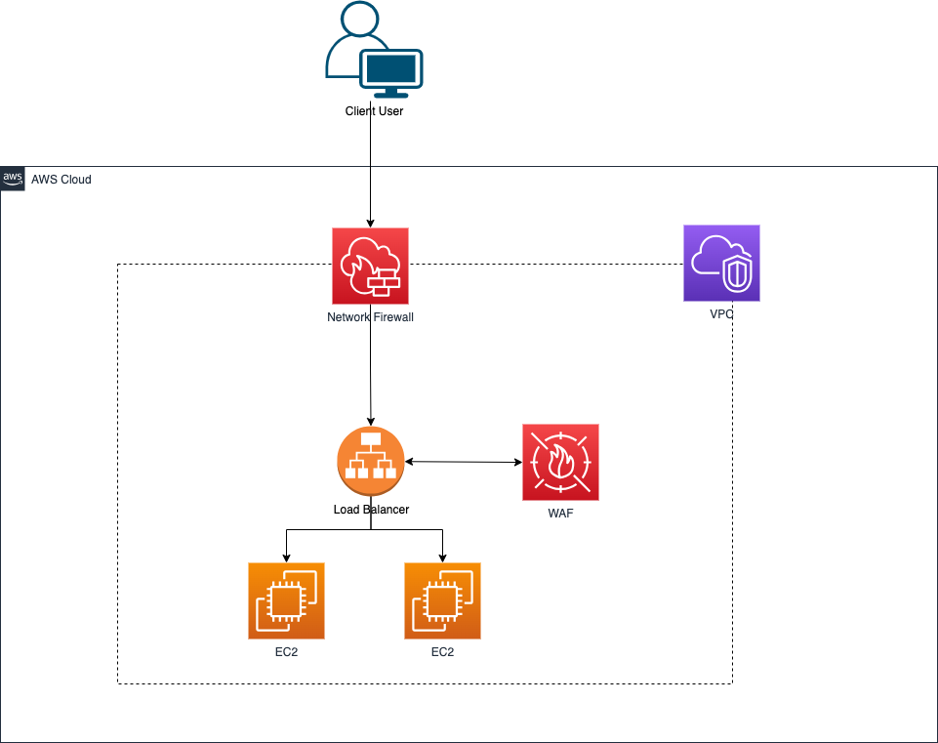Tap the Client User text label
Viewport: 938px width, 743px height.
pyautogui.click(x=374, y=111)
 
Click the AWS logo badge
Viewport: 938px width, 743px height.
pyautogui.click(x=13, y=179)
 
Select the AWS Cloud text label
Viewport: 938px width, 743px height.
pyautogui.click(x=61, y=180)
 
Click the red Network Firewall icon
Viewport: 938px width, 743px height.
pyautogui.click(x=370, y=266)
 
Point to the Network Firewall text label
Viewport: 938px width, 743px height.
pyautogui.click(x=370, y=317)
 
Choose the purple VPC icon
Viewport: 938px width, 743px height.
pyautogui.click(x=721, y=263)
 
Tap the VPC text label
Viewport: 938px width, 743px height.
pyautogui.click(x=721, y=315)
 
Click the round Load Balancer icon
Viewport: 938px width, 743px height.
pyautogui.click(x=370, y=462)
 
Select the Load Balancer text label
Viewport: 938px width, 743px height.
pyautogui.click(x=370, y=510)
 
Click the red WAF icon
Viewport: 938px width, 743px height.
pyautogui.click(x=560, y=462)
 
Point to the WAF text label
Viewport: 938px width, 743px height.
pyautogui.click(x=560, y=514)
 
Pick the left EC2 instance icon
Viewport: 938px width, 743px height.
pyautogui.click(x=286, y=599)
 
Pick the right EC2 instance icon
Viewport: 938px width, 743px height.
pyautogui.click(x=442, y=599)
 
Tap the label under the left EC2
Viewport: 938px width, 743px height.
pyautogui.click(x=286, y=652)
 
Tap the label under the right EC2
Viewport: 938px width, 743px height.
pyautogui.click(x=442, y=652)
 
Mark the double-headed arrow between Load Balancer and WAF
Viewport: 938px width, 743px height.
pyautogui.click(x=463, y=462)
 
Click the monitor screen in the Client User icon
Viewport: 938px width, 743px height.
pyautogui.click(x=391, y=69)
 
